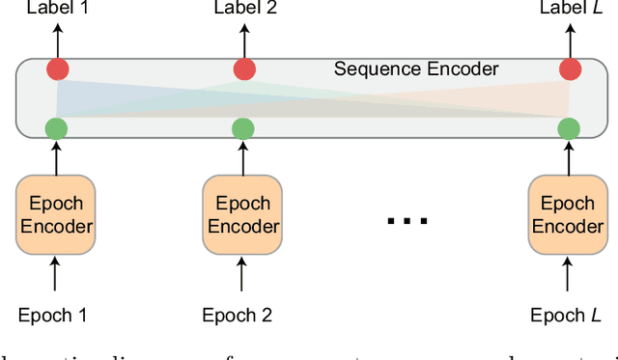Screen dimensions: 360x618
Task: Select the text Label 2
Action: tap(243, 10)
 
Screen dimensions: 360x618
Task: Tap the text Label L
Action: tap(570, 10)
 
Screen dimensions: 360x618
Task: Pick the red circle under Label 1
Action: tap(57, 69)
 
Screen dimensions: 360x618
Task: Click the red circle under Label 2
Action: tap(243, 69)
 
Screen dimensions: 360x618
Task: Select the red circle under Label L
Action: tap(570, 69)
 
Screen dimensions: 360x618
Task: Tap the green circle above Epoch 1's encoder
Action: tap(57, 126)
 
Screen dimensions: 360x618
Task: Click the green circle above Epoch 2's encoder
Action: tap(243, 126)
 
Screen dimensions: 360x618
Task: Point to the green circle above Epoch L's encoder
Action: tap(570, 126)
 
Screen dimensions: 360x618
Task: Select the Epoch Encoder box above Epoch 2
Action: tap(242, 215)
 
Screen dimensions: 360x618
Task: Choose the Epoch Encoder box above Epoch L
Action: tap(569, 215)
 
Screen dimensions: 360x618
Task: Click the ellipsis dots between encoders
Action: tap(406, 221)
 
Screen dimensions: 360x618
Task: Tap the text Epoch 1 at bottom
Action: tap(54, 315)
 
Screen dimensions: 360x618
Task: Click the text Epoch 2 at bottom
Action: tap(238, 315)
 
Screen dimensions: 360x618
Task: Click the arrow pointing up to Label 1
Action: tap(57, 40)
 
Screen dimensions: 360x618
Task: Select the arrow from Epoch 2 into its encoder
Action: tap(243, 276)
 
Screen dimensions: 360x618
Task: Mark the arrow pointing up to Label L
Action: tap(570, 40)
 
